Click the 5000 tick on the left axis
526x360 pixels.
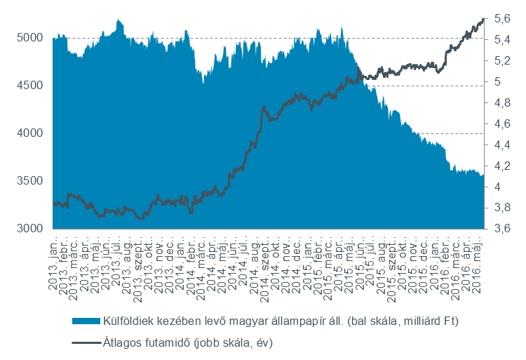click(x=29, y=38)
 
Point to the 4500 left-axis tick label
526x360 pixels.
click(x=29, y=86)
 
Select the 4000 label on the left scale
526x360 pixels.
click(x=29, y=133)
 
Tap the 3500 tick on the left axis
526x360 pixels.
click(x=29, y=181)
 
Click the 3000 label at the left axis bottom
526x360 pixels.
click(x=29, y=229)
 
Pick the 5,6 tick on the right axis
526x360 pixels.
click(x=502, y=19)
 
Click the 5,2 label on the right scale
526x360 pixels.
click(x=502, y=61)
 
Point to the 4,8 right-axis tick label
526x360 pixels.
click(x=502, y=103)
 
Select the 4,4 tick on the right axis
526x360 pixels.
click(x=502, y=145)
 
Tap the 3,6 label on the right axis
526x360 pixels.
click(x=502, y=229)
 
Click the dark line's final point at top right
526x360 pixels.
click(x=483, y=20)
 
